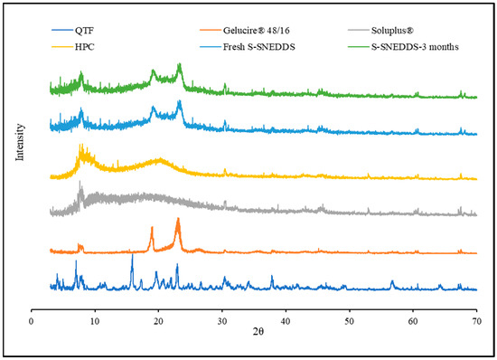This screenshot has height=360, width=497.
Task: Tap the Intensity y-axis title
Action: [19, 144]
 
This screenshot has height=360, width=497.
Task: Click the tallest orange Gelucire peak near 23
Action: [178, 219]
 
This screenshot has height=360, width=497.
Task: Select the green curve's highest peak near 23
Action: [179, 64]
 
